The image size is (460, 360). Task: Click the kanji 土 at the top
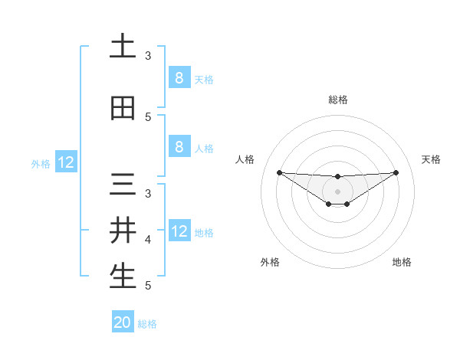(123, 46)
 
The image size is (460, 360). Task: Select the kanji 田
(123, 109)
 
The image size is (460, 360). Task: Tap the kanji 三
(123, 186)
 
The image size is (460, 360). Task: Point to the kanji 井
(123, 230)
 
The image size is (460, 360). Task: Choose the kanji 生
(123, 277)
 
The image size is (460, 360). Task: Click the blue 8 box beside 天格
(179, 78)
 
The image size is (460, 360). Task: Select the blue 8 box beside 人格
(179, 147)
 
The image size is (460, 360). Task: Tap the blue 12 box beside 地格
(179, 231)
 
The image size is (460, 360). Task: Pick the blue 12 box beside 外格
(66, 162)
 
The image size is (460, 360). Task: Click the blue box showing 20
(123, 322)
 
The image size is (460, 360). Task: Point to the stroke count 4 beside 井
(148, 240)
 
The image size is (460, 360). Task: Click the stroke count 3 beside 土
(148, 56)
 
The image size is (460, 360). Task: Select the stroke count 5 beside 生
(148, 286)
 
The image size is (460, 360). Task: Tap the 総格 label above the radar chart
(337, 100)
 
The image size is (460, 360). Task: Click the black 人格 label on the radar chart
(245, 159)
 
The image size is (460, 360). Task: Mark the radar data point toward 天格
(396, 172)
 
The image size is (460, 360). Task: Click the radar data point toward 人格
(279, 172)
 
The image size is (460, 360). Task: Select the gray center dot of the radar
(337, 191)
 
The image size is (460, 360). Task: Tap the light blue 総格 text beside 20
(147, 324)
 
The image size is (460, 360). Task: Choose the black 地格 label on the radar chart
(402, 263)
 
